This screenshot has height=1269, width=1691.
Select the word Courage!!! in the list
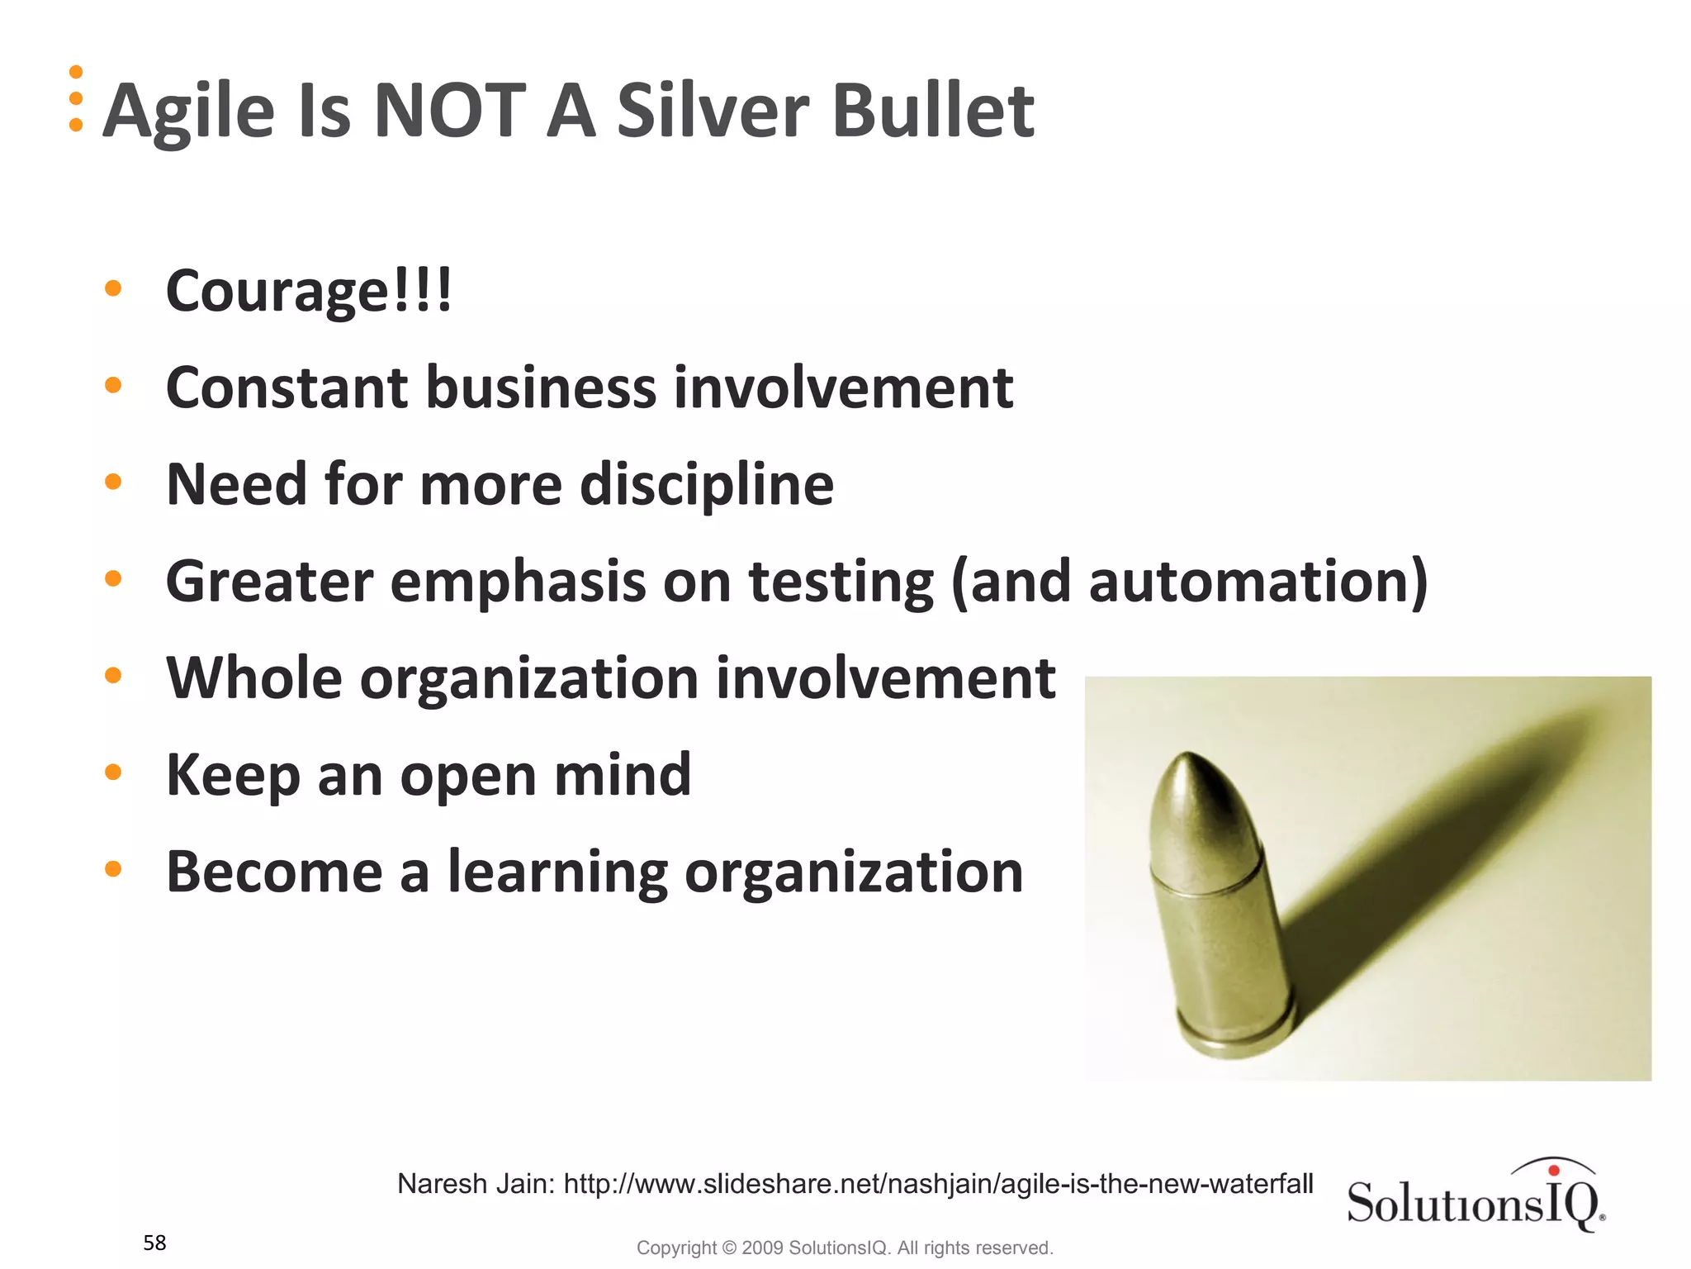pos(309,291)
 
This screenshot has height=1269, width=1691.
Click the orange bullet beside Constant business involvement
pos(113,385)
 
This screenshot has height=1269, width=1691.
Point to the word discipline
pos(707,484)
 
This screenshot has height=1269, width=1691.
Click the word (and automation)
pos(1189,581)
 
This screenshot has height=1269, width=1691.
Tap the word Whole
pos(253,677)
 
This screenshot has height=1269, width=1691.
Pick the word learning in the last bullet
pos(557,872)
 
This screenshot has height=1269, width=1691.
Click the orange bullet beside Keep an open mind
pos(113,772)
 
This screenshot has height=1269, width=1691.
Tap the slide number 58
pos(154,1243)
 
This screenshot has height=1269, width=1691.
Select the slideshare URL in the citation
pos(938,1184)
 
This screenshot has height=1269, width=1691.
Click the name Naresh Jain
pos(475,1184)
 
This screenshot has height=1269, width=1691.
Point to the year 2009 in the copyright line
pos(761,1248)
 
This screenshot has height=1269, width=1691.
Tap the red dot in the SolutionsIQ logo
pos(1554,1170)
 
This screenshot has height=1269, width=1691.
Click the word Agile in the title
pos(188,112)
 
